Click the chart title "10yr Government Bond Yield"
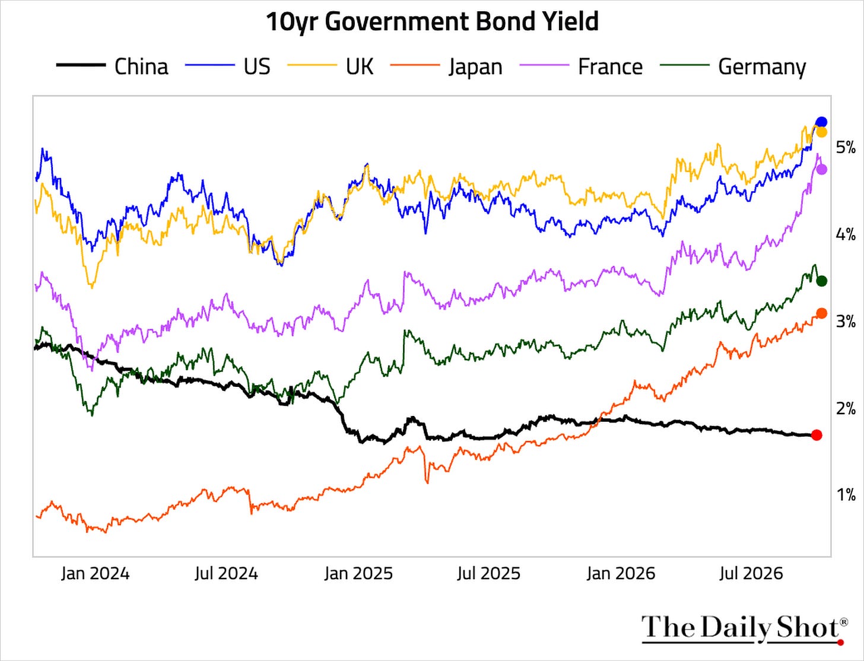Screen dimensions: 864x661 [x=432, y=22]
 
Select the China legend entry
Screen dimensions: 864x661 [x=112, y=66]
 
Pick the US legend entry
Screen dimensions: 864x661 [x=227, y=66]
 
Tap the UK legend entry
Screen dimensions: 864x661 [x=331, y=66]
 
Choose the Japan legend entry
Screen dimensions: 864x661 [x=446, y=66]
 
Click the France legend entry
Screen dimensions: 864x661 [x=581, y=66]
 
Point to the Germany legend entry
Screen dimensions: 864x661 [x=733, y=66]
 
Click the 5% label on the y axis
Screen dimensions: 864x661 [x=846, y=148]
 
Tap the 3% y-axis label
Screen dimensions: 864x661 [x=846, y=322]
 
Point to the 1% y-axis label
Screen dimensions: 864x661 [x=846, y=495]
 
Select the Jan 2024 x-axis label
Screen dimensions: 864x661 [x=96, y=574]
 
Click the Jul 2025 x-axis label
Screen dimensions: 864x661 [x=488, y=574]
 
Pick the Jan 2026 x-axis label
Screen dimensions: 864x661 [x=621, y=574]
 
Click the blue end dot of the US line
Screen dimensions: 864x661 [x=821, y=122]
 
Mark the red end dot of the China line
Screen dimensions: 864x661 [x=817, y=435]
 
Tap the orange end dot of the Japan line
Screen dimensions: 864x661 [x=821, y=313]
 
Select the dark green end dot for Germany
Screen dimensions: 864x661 [x=821, y=281]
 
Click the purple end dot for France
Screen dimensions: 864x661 [x=821, y=170]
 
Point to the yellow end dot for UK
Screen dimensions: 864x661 [x=821, y=132]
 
